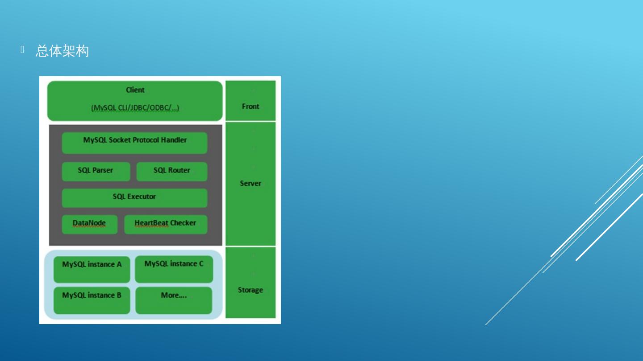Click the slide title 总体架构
(62, 51)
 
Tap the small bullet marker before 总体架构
(22, 50)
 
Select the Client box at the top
(135, 100)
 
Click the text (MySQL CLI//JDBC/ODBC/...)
(135, 108)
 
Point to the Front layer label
(251, 106)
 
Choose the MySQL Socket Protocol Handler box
(134, 143)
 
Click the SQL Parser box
(96, 171)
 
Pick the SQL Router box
(171, 171)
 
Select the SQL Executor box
(134, 197)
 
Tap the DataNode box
(89, 224)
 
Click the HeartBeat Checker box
(165, 224)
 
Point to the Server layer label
(251, 183)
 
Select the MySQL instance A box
(92, 269)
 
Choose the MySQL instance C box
(174, 269)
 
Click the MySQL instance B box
(92, 300)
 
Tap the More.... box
(174, 300)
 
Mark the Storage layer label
(251, 290)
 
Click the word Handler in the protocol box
(174, 140)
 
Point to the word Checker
(183, 223)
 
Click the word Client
(135, 90)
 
